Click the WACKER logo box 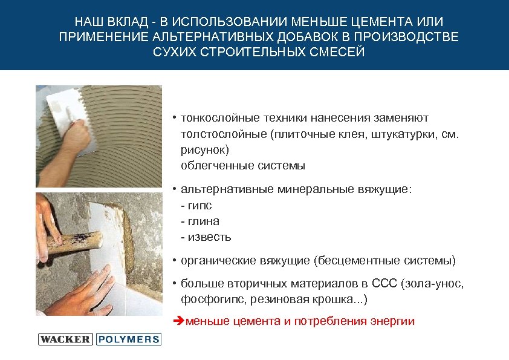[x=65, y=339]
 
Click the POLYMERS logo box [x=128, y=339]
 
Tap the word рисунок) [x=206, y=149]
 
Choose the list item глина [x=202, y=221]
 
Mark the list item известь [x=208, y=237]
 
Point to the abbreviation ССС [x=385, y=284]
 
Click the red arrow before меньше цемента [x=178, y=321]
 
